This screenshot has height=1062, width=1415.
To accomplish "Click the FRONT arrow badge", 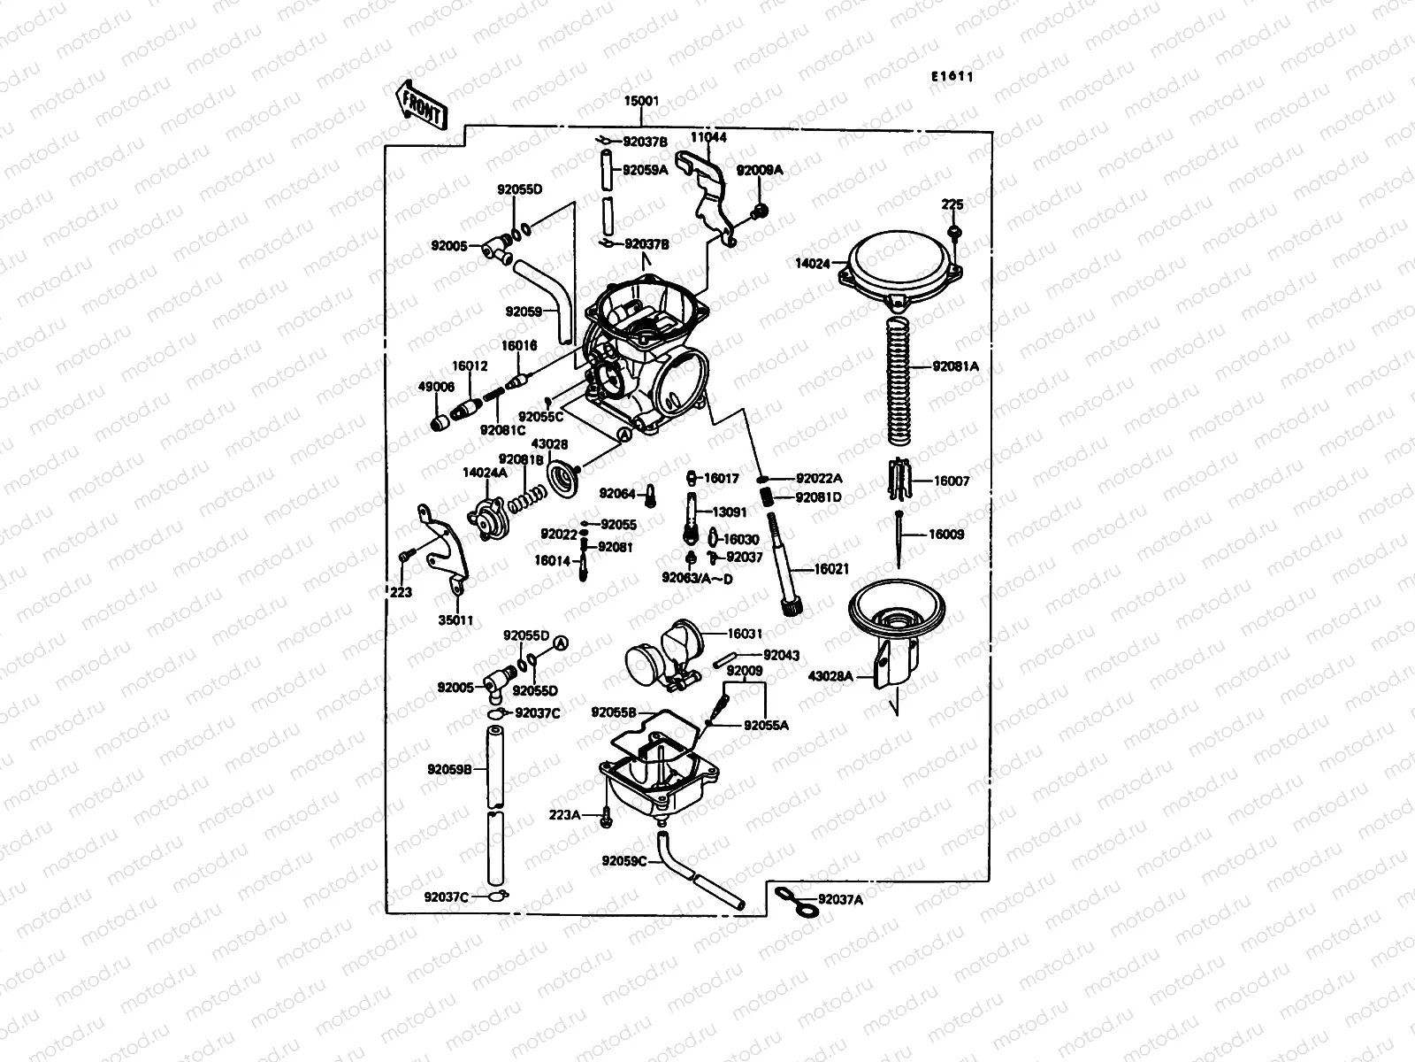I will coord(421,104).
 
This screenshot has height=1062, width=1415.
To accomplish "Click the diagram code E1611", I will coord(951,76).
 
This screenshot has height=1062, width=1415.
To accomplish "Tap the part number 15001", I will coord(642,102).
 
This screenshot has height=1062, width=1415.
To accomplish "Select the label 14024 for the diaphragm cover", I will coord(813,263).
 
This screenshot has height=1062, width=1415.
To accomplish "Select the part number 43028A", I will coord(830,676).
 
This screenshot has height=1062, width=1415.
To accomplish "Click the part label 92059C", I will coord(624,860).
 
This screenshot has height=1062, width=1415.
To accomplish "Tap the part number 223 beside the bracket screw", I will coord(401,593).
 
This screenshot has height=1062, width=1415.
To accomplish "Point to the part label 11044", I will coord(708,138).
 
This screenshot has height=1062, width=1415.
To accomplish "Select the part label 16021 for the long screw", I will coord(831,570).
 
